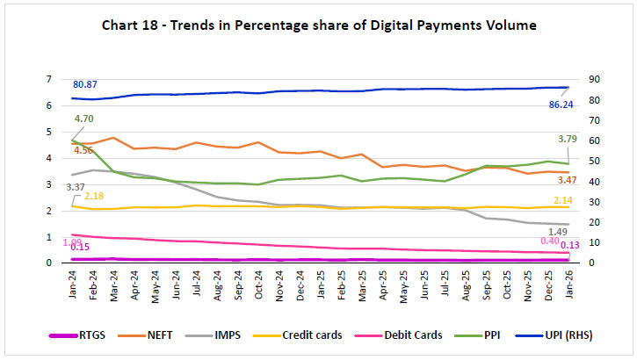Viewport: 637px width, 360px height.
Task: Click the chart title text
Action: (317, 26)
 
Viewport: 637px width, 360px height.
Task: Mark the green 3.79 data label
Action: (568, 138)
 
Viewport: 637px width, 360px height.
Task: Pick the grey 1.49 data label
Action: (568, 231)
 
